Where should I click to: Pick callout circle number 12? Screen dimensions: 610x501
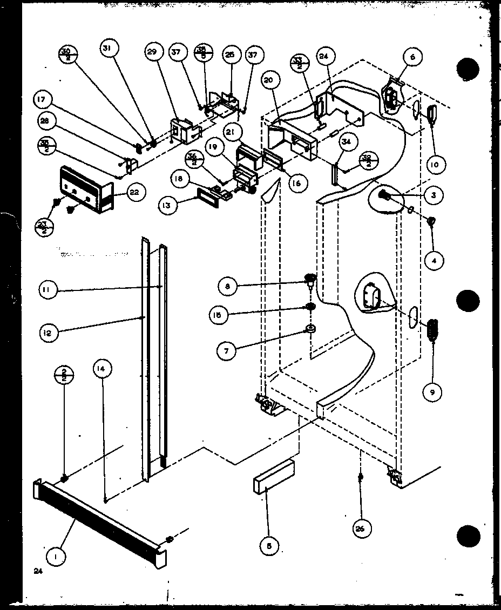click(x=49, y=334)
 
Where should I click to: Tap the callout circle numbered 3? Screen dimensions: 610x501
click(x=433, y=195)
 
